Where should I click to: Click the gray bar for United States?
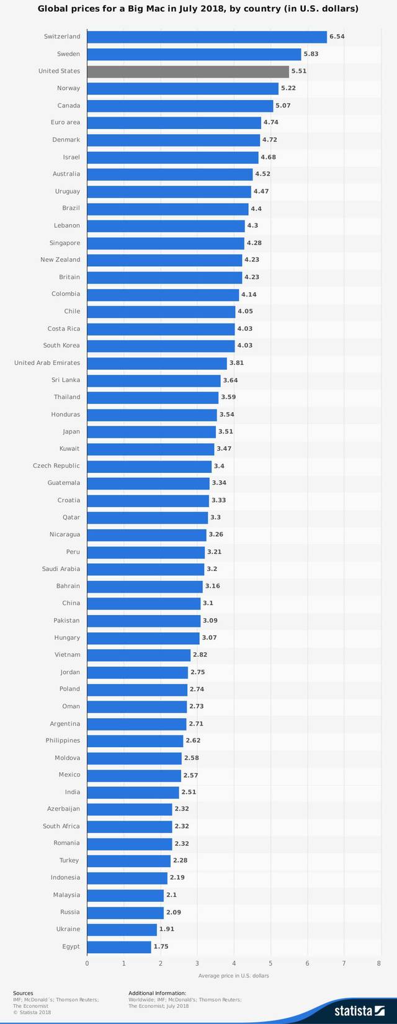[188, 71]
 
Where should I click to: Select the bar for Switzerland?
[207, 37]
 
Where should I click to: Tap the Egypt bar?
[119, 946]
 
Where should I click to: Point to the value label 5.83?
[311, 54]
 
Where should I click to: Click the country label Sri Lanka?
[66, 380]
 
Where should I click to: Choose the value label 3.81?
[237, 362]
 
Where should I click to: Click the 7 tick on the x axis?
[344, 964]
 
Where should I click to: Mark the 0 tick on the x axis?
[87, 964]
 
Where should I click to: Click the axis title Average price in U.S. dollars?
[234, 976]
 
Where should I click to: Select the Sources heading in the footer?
[23, 993]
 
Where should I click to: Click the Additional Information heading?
[157, 993]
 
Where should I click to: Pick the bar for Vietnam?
[139, 655]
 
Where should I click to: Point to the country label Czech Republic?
[56, 465]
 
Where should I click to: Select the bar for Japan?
[151, 431]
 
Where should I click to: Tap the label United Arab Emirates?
[47, 362]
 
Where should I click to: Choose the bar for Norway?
[182, 88]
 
